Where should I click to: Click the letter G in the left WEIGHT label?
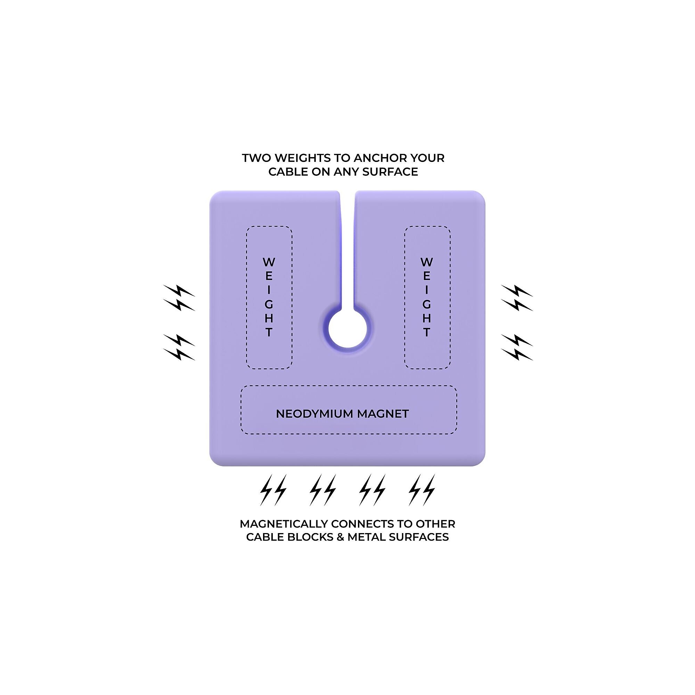click(269, 305)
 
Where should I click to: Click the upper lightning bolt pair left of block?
click(179, 297)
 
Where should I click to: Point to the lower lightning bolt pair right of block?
click(517, 347)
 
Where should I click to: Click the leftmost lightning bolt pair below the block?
click(273, 490)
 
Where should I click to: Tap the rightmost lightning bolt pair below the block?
click(422, 490)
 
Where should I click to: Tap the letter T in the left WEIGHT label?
click(269, 333)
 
